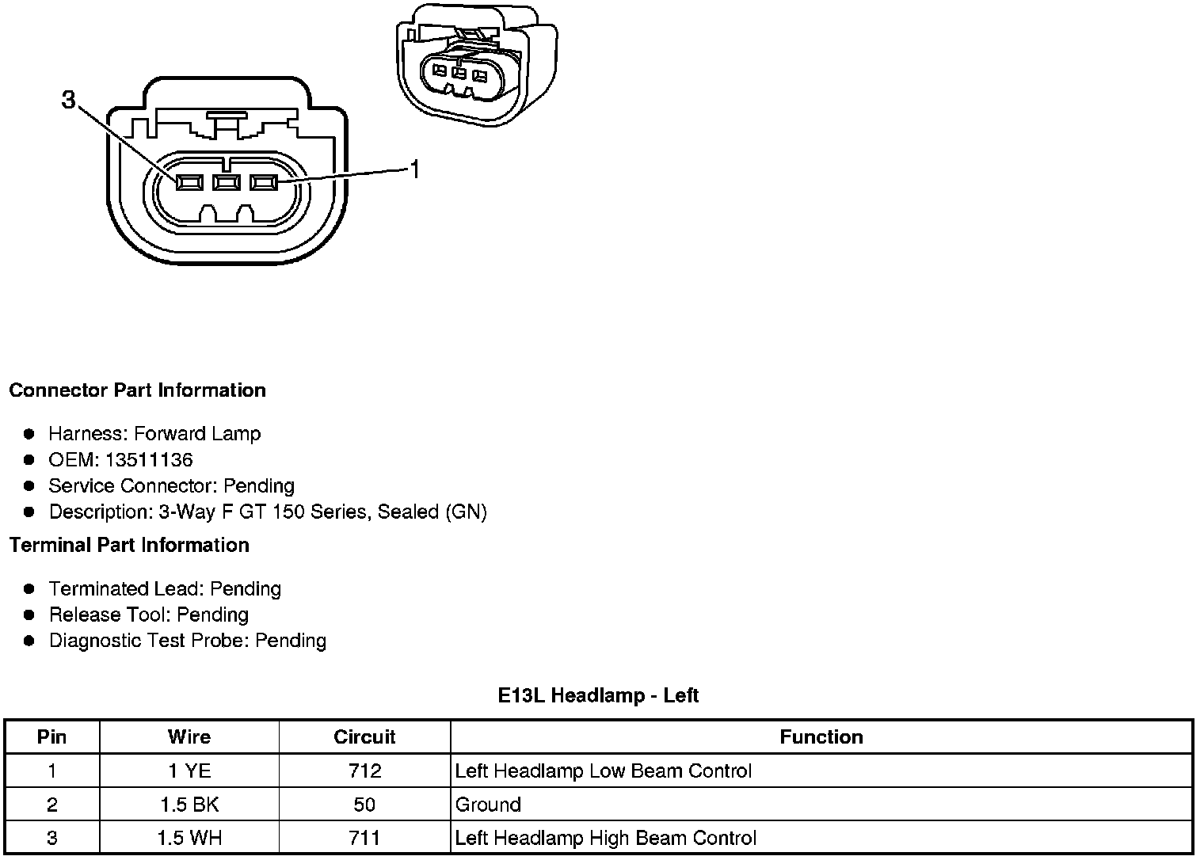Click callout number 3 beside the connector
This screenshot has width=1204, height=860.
coord(69,100)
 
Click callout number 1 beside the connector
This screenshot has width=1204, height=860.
coord(413,168)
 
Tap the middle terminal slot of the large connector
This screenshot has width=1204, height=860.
coord(227,183)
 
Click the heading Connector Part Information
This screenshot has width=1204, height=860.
coord(137,390)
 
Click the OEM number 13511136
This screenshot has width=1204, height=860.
coord(149,460)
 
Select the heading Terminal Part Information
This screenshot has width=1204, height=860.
coord(129,546)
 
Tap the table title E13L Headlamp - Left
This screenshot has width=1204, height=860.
coord(598,696)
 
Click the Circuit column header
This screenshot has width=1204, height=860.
coord(364,737)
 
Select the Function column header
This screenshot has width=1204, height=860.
coord(821,737)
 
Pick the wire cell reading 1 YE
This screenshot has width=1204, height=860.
coord(189,771)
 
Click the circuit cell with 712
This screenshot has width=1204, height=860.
coord(364,771)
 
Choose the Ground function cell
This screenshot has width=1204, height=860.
coord(488,805)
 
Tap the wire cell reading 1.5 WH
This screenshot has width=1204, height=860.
coord(189,839)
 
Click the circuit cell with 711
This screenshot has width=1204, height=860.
coord(364,839)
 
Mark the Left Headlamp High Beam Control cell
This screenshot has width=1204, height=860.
coord(606,839)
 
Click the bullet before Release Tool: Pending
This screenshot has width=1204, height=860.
coord(29,615)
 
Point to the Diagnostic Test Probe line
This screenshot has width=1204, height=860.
coord(188,641)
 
